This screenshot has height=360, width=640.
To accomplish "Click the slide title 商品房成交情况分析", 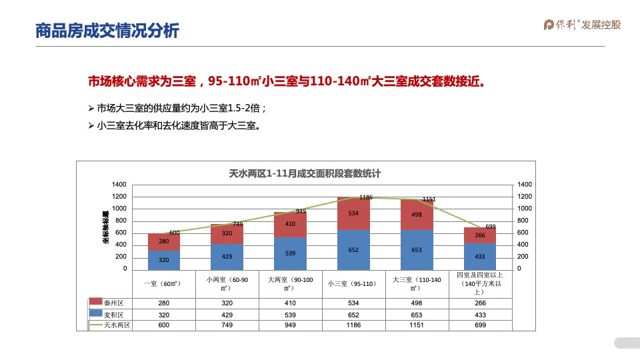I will click(x=107, y=31).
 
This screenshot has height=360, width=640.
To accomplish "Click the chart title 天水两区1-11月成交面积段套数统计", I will click(x=305, y=173).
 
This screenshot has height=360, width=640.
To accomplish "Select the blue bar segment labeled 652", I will click(x=353, y=250).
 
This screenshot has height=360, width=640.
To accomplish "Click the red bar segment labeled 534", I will click(x=353, y=214).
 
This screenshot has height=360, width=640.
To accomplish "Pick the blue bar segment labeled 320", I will click(x=163, y=259).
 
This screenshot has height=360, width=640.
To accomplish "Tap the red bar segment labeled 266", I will click(x=480, y=235).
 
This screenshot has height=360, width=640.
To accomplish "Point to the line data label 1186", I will click(x=366, y=197).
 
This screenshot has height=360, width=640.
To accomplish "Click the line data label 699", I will click(x=490, y=227).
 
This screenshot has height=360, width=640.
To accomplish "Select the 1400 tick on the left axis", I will click(x=119, y=184).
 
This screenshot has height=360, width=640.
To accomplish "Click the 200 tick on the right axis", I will click(x=523, y=257).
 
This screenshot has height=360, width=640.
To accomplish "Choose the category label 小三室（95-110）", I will click(x=353, y=283).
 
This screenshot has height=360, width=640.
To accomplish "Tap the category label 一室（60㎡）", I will click(x=163, y=283).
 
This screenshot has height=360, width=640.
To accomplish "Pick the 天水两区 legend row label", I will click(x=117, y=325).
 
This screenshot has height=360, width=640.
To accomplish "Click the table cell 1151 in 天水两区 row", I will click(x=417, y=325).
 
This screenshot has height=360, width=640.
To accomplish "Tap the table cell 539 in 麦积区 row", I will click(x=290, y=314).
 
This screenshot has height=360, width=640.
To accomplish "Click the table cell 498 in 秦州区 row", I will click(x=417, y=303).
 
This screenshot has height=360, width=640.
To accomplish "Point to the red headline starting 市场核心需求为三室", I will click(x=286, y=81).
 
